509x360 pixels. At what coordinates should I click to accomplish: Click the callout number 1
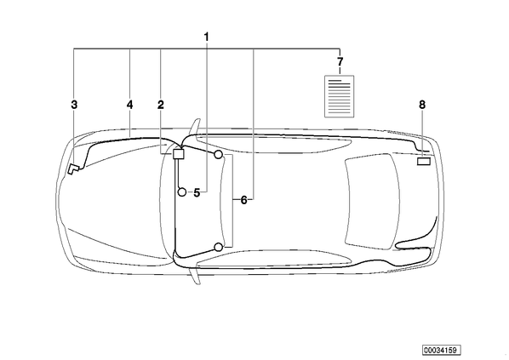[x=207, y=37]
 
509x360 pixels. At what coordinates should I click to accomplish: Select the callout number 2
[x=161, y=105]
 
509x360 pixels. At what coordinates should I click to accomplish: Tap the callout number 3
[x=74, y=105]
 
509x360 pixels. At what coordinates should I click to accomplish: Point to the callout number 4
[x=130, y=105]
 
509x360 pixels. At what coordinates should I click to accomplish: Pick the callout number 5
[x=197, y=193]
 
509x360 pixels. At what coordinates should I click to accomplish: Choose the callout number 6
[x=243, y=200]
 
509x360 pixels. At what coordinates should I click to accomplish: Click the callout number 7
[x=340, y=61]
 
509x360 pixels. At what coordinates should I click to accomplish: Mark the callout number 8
[x=422, y=105]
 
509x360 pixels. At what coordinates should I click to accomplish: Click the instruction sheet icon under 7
[x=340, y=96]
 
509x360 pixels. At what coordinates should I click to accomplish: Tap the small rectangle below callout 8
[x=424, y=162]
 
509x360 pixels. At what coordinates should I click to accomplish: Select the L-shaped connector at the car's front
[x=72, y=169]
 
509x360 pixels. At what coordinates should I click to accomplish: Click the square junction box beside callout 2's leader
[x=178, y=153]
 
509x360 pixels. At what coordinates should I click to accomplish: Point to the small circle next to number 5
[x=182, y=192]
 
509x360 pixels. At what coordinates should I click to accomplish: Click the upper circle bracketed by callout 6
[x=219, y=155]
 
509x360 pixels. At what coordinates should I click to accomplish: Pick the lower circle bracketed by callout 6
[x=219, y=248]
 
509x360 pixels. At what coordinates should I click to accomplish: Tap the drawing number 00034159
[x=442, y=350]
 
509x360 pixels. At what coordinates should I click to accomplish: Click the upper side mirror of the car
[x=196, y=127]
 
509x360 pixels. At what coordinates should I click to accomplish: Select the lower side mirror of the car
[x=196, y=275]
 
